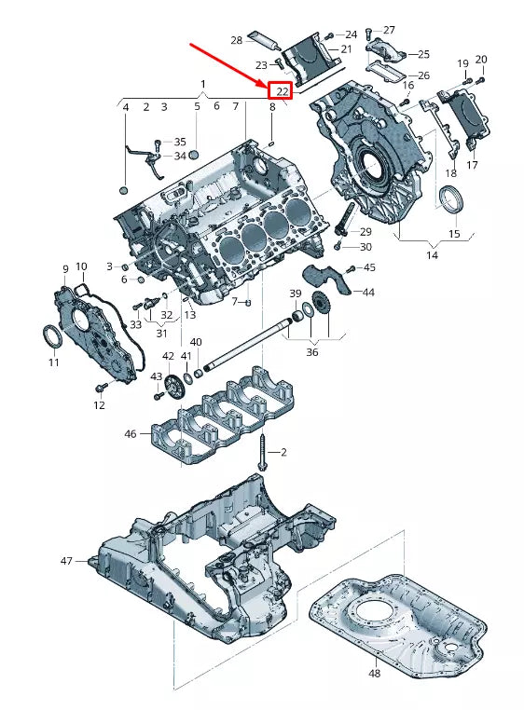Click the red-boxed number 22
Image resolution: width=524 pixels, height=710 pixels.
280,90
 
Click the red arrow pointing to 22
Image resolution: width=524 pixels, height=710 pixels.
228,62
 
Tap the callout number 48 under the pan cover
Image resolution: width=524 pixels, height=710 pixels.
374,672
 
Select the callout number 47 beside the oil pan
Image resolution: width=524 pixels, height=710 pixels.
66,561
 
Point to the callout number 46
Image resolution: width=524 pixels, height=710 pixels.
131,433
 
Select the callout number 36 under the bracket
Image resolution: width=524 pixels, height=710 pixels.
311,352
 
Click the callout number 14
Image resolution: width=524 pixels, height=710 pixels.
432,254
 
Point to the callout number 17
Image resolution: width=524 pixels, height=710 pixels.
472,165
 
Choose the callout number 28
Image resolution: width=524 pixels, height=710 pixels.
237,40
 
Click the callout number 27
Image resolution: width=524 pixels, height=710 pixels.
389,30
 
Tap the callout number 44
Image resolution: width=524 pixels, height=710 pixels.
369,293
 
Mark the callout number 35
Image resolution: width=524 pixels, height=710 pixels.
180,142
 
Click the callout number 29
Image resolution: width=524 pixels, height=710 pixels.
365,231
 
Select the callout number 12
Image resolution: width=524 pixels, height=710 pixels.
99,405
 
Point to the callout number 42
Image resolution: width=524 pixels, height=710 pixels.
168,356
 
